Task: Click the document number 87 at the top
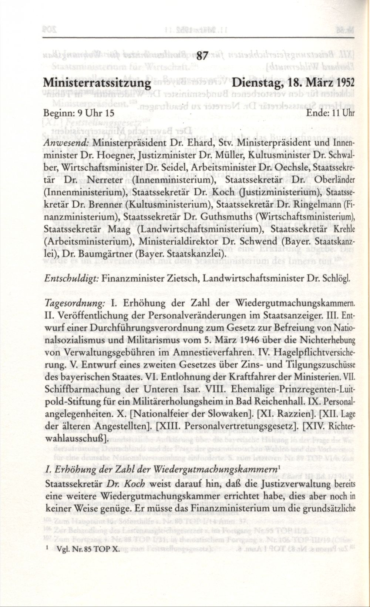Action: [x=201, y=57]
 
